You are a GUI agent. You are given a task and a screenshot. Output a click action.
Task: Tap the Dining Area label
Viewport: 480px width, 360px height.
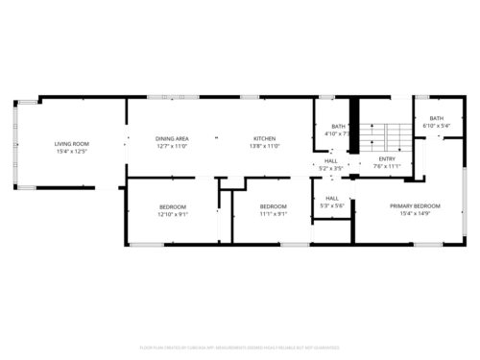[x=172, y=138]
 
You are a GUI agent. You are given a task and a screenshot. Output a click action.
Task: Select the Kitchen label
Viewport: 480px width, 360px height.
[x=264, y=138]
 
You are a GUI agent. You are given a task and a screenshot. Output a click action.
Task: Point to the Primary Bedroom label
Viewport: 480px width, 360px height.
[x=415, y=206]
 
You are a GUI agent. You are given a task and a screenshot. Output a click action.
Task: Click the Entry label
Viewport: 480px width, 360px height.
[x=387, y=158]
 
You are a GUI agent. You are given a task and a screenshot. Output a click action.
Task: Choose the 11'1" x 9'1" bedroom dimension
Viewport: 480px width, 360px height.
[x=274, y=214]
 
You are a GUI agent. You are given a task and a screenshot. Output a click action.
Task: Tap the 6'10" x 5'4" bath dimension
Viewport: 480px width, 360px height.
[x=437, y=126]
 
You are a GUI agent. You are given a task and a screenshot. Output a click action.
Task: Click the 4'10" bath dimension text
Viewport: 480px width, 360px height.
[x=337, y=133]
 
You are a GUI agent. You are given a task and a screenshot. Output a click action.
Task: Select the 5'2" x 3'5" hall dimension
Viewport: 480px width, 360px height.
[x=330, y=168]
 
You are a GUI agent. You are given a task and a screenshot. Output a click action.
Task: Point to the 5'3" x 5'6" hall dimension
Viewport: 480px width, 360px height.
[x=332, y=205]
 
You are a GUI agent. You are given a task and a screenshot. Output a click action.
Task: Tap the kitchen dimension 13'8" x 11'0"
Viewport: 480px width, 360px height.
[x=264, y=146]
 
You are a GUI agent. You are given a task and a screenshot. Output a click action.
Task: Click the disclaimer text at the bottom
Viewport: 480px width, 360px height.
[x=239, y=347]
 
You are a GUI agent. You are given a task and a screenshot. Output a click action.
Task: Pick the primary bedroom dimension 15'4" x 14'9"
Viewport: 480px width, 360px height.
[x=415, y=214]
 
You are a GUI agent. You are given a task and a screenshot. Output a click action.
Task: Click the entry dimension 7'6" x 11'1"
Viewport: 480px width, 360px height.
[x=387, y=165]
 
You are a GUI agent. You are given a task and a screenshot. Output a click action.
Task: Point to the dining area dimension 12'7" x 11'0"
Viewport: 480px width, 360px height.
[x=172, y=146]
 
